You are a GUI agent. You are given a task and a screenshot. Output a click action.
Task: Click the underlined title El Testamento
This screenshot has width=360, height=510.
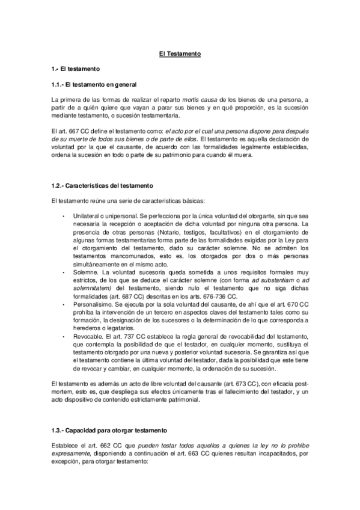[x=180, y=54]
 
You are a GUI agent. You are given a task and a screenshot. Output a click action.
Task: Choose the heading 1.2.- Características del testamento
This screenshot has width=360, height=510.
[x=102, y=185]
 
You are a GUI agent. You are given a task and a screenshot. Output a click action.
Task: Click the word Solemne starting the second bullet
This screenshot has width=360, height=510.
[x=84, y=273]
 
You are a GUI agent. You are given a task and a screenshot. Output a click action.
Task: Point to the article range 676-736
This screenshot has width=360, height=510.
[x=208, y=296]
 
